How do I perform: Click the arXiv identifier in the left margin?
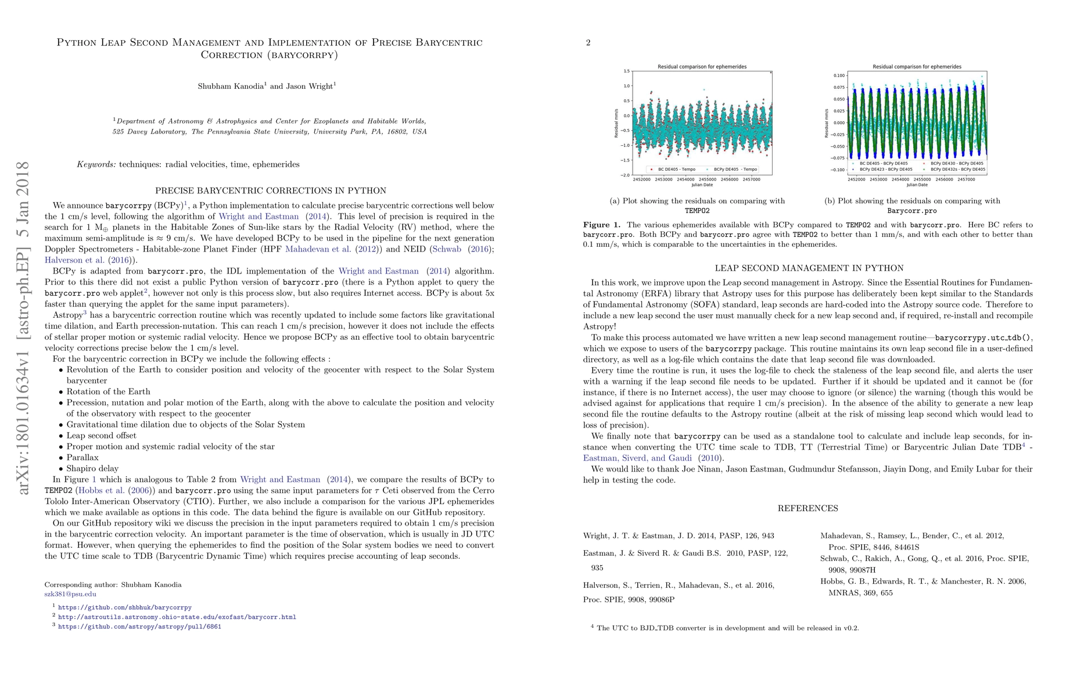tap(23, 328)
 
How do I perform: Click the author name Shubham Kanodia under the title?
tap(231, 87)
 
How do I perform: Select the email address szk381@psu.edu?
tap(70, 594)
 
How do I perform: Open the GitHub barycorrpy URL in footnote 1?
tap(124, 608)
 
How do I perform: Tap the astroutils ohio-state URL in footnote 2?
tap(177, 617)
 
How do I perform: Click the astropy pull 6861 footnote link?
tap(139, 627)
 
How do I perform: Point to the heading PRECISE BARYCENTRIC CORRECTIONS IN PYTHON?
tap(270, 191)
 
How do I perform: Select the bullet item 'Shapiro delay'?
tap(92, 468)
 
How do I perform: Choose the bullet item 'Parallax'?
tap(82, 457)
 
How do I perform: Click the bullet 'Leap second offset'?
tap(101, 435)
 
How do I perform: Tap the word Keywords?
tap(96, 164)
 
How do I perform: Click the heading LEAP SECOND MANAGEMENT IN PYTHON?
tap(809, 268)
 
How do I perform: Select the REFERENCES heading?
tap(807, 508)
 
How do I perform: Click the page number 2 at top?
tap(588, 42)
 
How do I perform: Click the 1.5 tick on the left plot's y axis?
tap(626, 71)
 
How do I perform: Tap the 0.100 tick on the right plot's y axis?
tap(838, 76)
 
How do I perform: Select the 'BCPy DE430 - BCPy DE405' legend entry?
tap(956, 164)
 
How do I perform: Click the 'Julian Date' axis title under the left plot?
tap(702, 185)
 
